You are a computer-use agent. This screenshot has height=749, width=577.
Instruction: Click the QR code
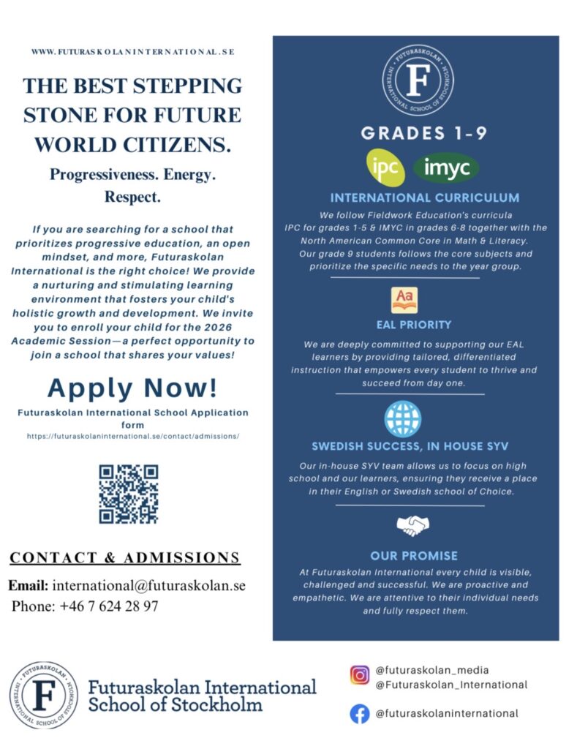[x=129, y=494]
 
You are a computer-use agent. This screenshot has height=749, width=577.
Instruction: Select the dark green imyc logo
[x=445, y=168]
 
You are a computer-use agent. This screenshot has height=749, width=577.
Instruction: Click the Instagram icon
[x=359, y=675]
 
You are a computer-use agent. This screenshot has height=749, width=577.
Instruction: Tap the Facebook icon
[x=359, y=713]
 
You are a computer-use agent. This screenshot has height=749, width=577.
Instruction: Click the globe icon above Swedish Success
[x=403, y=419]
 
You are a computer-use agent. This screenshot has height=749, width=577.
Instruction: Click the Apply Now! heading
[x=132, y=387]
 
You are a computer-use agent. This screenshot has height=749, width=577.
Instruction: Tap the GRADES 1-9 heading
[x=413, y=133]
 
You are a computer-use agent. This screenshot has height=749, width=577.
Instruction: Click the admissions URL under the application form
[x=133, y=436]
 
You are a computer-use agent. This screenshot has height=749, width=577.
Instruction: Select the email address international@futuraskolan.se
[x=148, y=586]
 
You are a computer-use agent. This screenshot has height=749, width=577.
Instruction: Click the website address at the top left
[x=132, y=53]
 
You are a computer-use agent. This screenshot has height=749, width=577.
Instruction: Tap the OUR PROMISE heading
[x=413, y=556]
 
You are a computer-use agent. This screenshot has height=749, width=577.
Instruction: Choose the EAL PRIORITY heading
[x=413, y=325]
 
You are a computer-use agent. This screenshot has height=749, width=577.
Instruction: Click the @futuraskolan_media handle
[x=431, y=670]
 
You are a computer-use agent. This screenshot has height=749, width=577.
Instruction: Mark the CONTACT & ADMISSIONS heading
[x=124, y=558]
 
